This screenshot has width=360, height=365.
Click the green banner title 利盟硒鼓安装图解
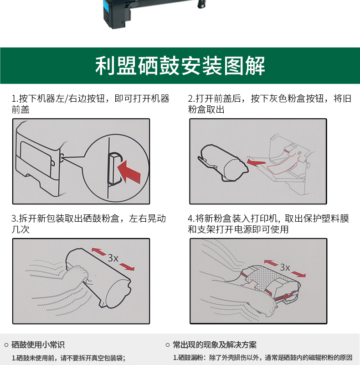pos(180,66)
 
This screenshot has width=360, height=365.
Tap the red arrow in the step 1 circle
pos(129,172)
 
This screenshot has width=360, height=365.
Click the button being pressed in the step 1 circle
pos(114,168)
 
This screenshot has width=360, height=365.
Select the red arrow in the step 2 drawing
pos(256,162)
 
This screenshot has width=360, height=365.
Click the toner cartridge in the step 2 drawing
pos(223,163)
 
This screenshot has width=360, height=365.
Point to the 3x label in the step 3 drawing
pos(113,258)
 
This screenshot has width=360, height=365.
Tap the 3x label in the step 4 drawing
pos(285,267)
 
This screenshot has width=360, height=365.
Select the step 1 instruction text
pos(91,104)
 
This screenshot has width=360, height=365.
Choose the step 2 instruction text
pos(269,104)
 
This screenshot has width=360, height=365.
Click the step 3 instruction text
pos(88,224)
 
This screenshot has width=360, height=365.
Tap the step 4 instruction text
pos(268,224)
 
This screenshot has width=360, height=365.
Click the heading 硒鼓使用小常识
pos(38,345)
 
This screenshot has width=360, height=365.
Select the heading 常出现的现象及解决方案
pos(215,345)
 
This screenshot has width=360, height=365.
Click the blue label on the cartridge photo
pos(108,8)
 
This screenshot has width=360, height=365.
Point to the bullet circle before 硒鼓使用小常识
pos(6,345)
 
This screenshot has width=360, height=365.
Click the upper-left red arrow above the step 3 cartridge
pos(98,251)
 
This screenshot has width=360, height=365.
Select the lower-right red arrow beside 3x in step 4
pos(298,274)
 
